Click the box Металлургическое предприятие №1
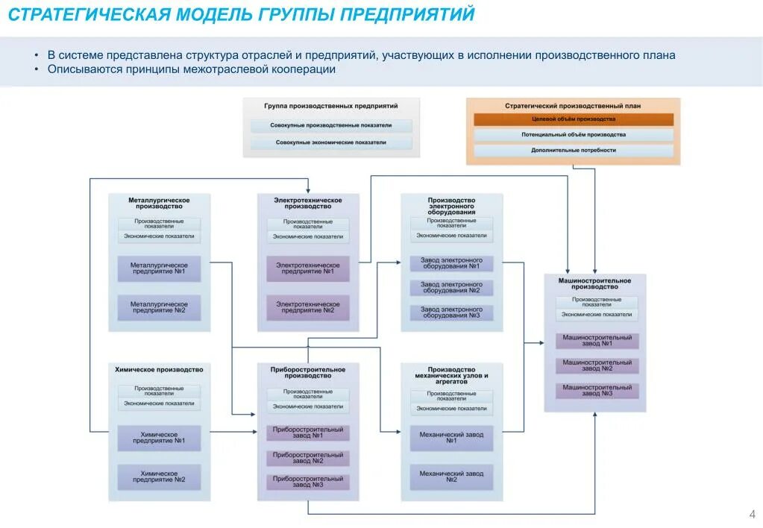coord(159,268)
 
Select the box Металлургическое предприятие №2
coord(159,307)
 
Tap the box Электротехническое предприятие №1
coord(308,268)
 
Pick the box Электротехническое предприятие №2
coord(308,307)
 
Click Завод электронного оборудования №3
coord(451,312)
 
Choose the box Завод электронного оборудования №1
coord(451,263)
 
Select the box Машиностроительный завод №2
coord(597,365)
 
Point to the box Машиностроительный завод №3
coord(597,390)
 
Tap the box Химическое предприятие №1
coord(159,438)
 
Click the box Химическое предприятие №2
coord(159,477)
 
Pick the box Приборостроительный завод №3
coord(308,482)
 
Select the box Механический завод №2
coord(451,477)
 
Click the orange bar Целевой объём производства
coord(574,119)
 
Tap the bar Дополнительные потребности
coord(574,150)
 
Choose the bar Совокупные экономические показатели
coord(331,142)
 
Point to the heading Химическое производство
coord(159,370)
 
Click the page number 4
coord(752,515)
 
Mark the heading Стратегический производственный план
coord(573,106)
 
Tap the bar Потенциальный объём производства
coord(574,135)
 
